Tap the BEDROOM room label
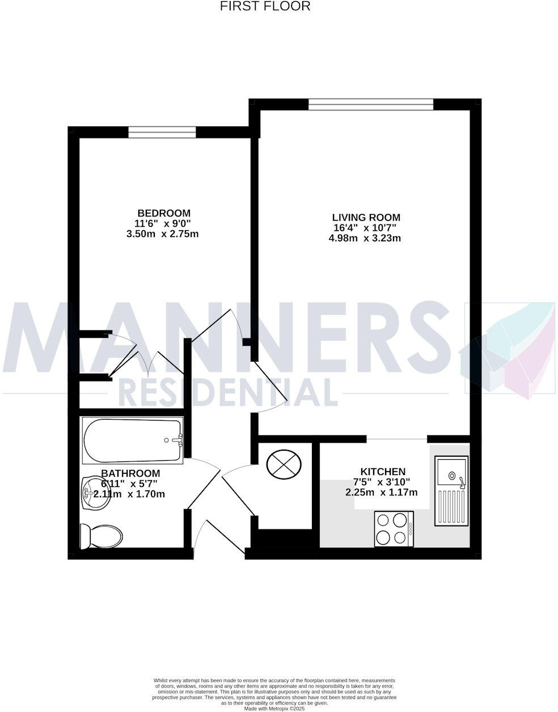[x=162, y=213]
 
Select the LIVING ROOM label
[x=366, y=217]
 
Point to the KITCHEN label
[x=383, y=472]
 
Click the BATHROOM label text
[x=130, y=473]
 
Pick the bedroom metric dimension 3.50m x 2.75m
[x=162, y=234]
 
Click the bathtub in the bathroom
[x=132, y=440]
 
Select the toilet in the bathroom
[x=102, y=535]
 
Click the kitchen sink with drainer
[x=451, y=490]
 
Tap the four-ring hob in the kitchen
[x=394, y=528]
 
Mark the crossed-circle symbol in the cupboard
[x=283, y=463]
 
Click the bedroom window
[x=162, y=133]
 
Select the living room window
[x=371, y=104]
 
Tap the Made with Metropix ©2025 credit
[x=274, y=708]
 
